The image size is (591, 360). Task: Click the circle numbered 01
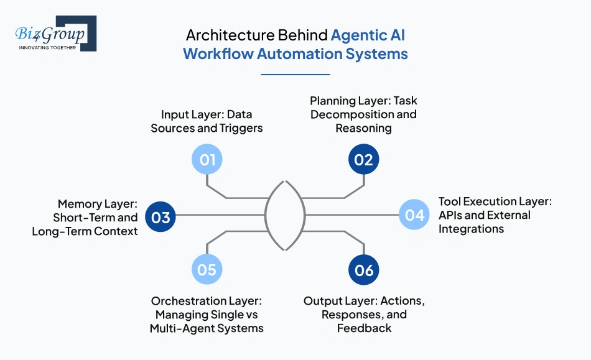click(207, 160)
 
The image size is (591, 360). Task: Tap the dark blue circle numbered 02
click(363, 160)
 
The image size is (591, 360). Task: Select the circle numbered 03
click(161, 217)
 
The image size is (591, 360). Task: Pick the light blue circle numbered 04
click(414, 215)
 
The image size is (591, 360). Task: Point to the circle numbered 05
click(207, 269)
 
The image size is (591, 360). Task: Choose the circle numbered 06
click(364, 270)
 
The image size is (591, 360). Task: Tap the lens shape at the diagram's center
click(286, 215)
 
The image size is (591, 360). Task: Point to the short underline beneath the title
click(295, 74)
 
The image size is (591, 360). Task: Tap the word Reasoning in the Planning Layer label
click(363, 128)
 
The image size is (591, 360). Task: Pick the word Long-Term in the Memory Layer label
click(60, 231)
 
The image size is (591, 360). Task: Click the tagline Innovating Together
click(48, 47)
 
